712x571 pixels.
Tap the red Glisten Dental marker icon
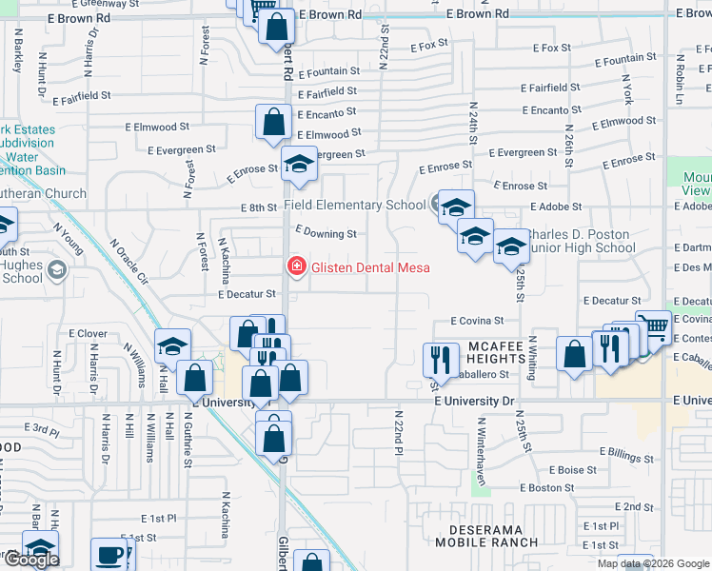pyautogui.click(x=297, y=266)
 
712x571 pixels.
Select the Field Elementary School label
pyautogui.click(x=355, y=205)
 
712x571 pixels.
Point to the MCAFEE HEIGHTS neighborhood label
pyautogui.click(x=495, y=352)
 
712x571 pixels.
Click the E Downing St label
pyautogui.click(x=326, y=232)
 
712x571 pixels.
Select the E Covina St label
pyautogui.click(x=477, y=322)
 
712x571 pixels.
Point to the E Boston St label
pyautogui.click(x=550, y=488)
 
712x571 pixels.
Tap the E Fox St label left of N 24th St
pyautogui.click(x=429, y=46)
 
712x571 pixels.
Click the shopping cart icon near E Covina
pyautogui.click(x=653, y=327)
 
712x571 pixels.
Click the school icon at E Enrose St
pyautogui.click(x=299, y=165)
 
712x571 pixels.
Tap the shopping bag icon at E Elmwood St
pyautogui.click(x=273, y=122)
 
